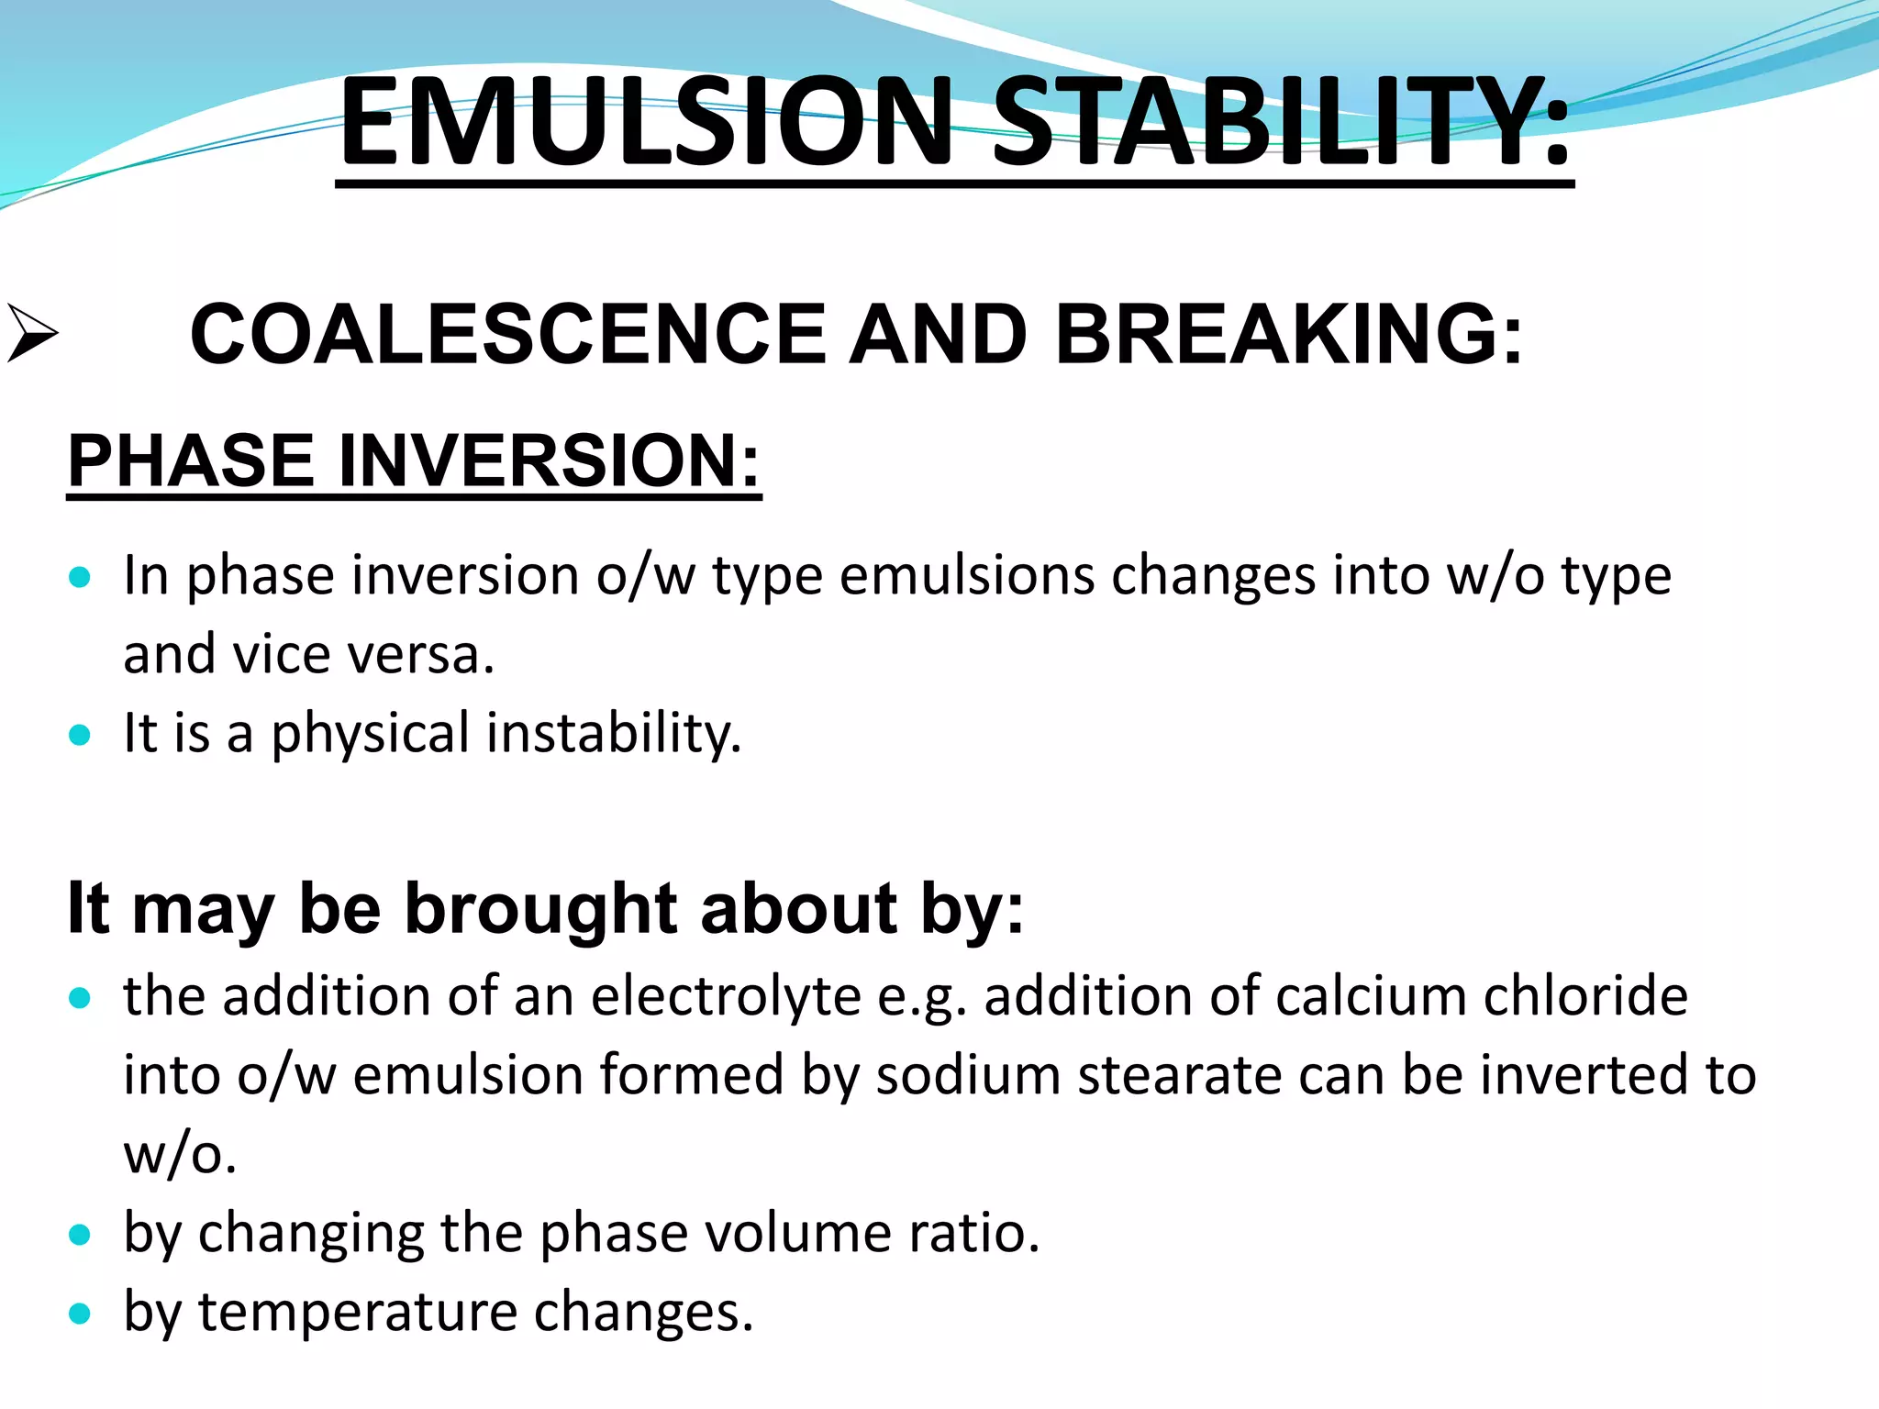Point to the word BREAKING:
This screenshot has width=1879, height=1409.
tap(1289, 334)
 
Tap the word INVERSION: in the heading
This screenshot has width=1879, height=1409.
tap(550, 460)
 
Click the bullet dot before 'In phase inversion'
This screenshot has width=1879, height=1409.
tap(81, 577)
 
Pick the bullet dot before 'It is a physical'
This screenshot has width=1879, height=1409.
tap(81, 734)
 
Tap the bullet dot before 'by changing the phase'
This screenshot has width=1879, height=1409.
tap(81, 1234)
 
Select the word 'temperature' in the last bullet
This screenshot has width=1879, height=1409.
tap(359, 1312)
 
